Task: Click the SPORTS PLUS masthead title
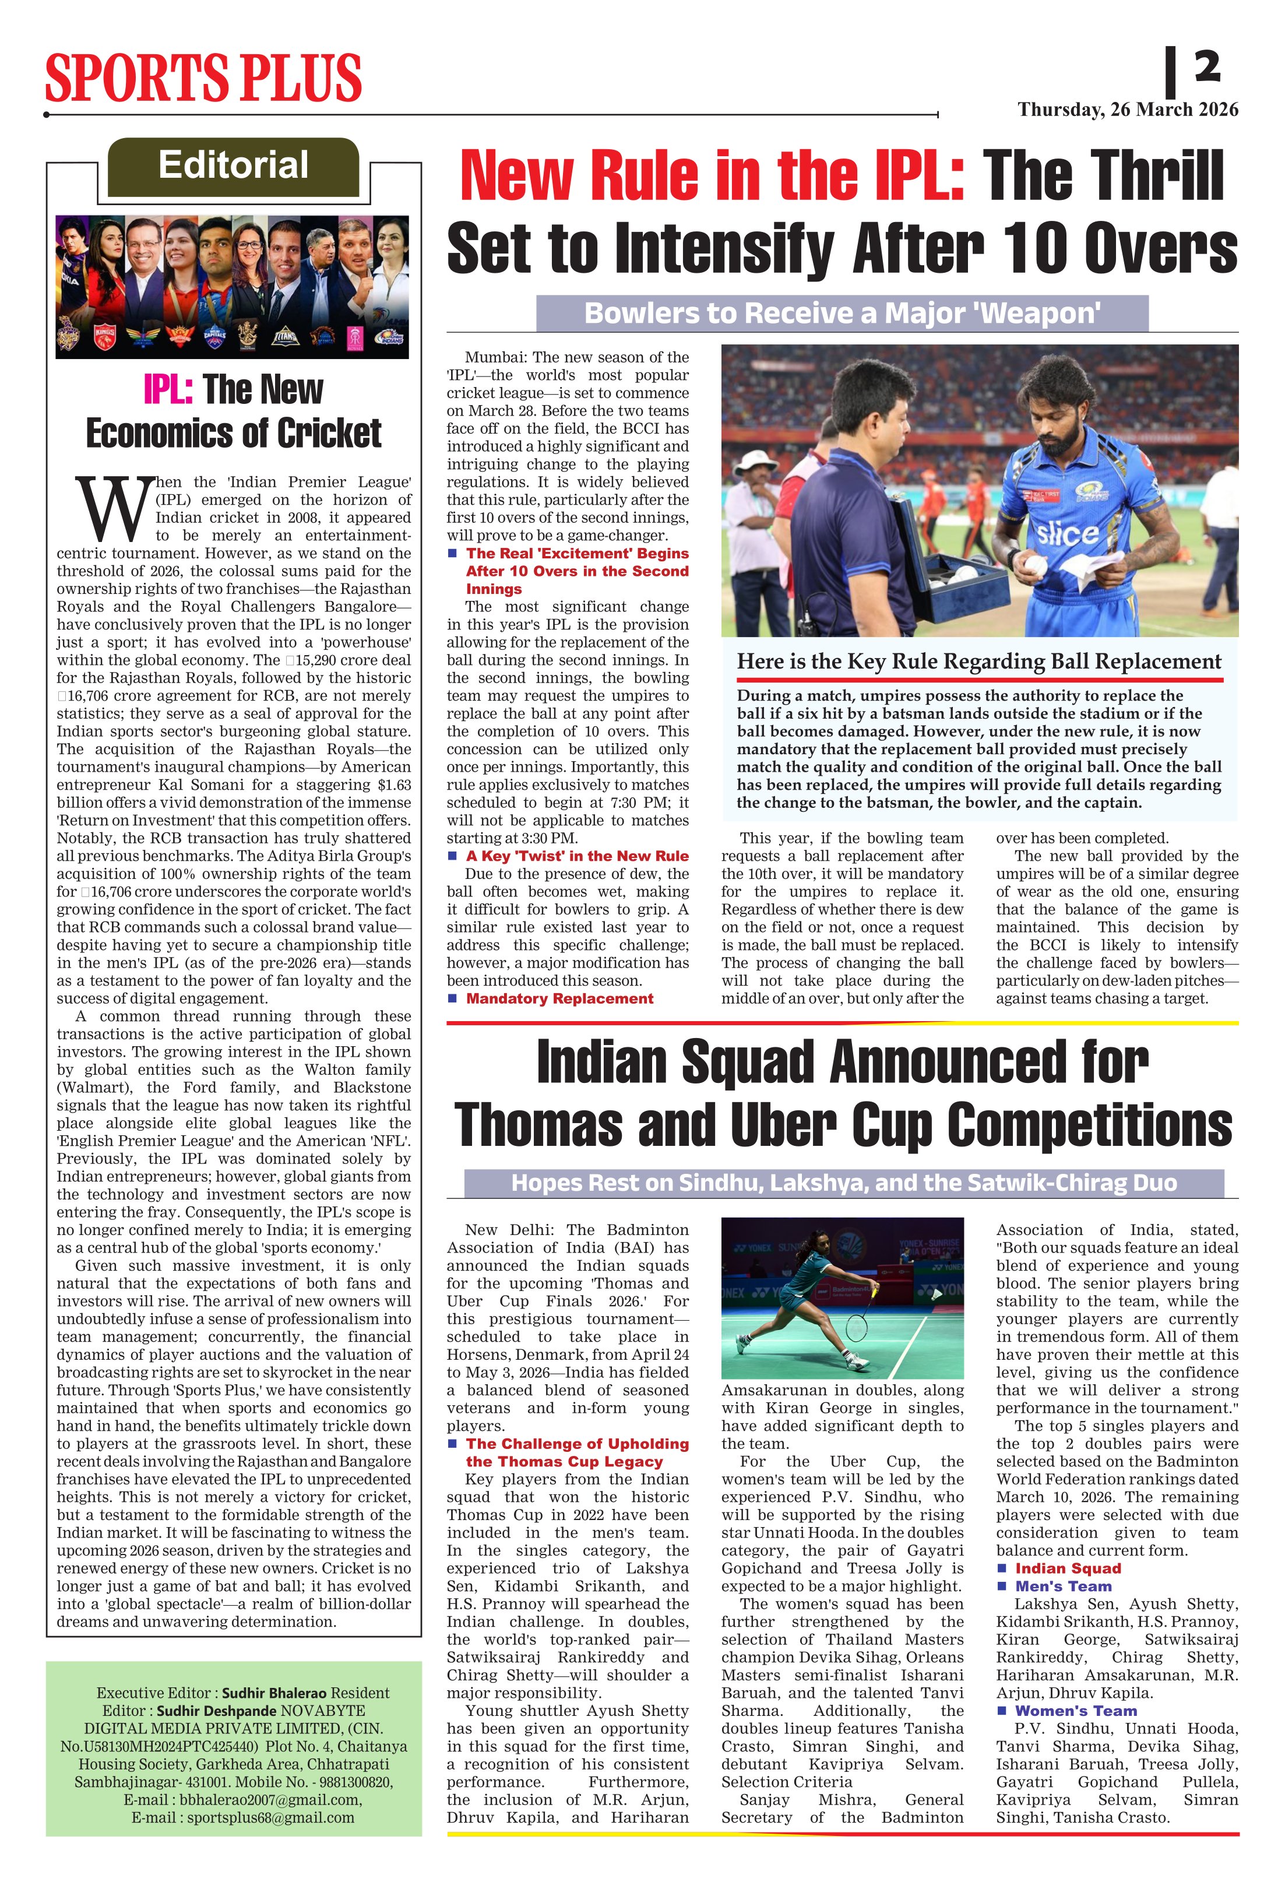[203, 78]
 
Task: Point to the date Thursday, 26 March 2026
[1128, 110]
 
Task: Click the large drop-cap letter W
[114, 510]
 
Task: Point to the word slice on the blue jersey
[1067, 533]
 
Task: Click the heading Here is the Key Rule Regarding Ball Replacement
[978, 662]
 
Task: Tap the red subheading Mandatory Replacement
[559, 998]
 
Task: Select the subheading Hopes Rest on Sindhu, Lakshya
[843, 1183]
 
